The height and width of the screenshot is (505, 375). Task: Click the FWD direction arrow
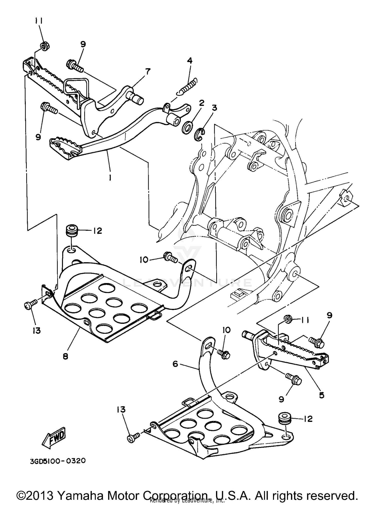pos(53,438)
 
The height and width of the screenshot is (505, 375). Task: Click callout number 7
pos(148,72)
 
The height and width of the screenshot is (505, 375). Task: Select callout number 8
pos(65,356)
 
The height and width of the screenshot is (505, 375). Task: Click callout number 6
pos(175,364)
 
